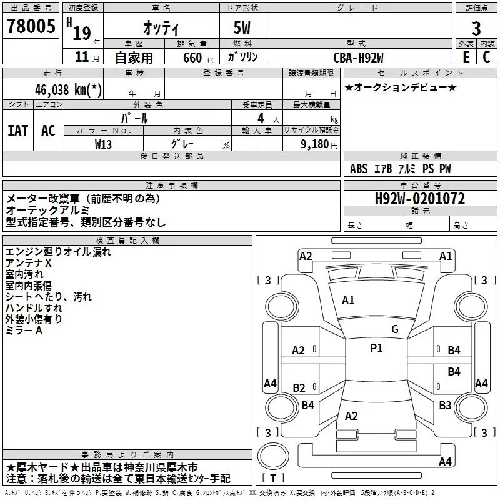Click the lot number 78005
pos(31,26)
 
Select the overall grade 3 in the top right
pos(476,28)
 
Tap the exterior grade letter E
pos(466,57)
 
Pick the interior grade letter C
pos(486,57)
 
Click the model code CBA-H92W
pos(358,57)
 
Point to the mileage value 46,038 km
pos(69,89)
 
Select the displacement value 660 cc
pos(199,58)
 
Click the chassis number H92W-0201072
pos(420,199)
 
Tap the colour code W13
pos(103,144)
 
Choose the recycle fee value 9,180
pos(315,144)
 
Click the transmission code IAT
pos(18,131)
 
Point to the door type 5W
pos(242,27)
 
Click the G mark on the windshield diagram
pos(395,329)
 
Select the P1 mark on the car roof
pos(376,348)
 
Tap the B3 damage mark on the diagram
pos(445,405)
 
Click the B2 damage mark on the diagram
pos(299,387)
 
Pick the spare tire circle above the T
pos(273,456)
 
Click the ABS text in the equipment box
pos(359,168)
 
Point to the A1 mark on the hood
pos(348,301)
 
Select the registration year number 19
pos(82,33)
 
